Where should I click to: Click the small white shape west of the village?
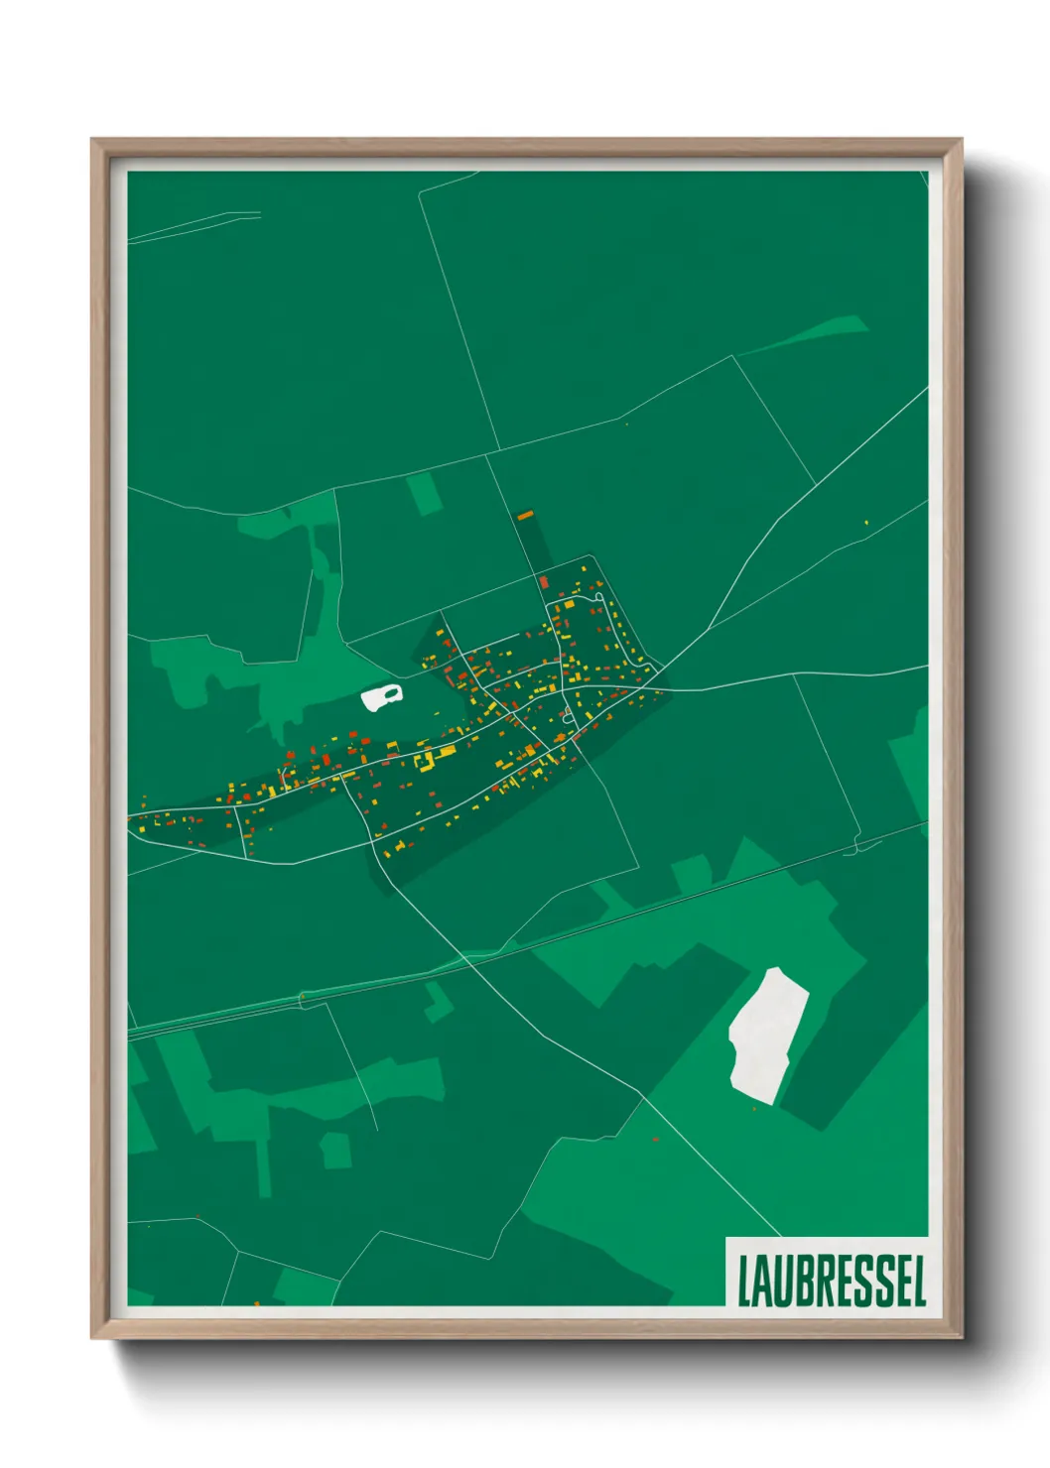[382, 697]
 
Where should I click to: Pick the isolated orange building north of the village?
[525, 516]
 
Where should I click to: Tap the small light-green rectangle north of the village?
[426, 494]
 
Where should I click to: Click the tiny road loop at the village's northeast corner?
[598, 596]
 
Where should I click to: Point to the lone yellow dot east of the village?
[866, 522]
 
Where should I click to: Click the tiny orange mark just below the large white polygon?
[754, 1108]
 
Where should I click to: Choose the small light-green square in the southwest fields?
[335, 1151]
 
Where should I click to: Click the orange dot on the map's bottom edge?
[256, 1303]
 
